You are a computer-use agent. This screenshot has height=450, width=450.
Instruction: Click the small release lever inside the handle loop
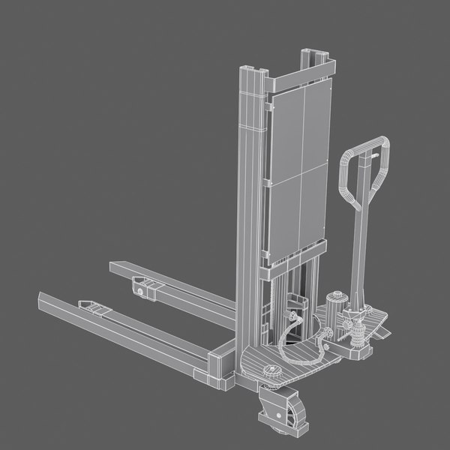pyautogui.click(x=370, y=154)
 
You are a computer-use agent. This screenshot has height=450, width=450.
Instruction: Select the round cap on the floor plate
pyautogui.click(x=271, y=370)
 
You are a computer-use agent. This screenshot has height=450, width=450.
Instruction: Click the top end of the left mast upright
pyautogui.click(x=252, y=72)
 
